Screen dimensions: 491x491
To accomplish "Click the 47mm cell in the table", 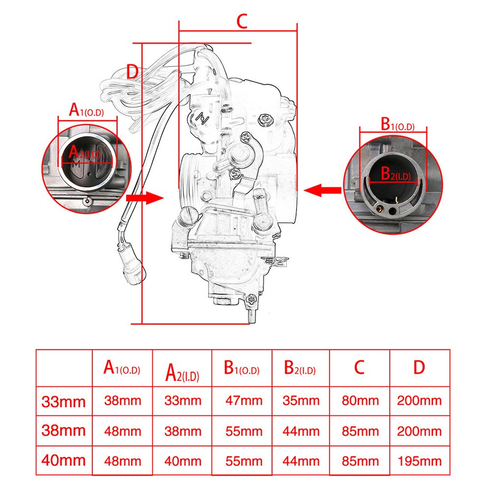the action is pyautogui.click(x=244, y=401).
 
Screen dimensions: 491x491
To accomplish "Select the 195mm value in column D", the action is pyautogui.click(x=420, y=461).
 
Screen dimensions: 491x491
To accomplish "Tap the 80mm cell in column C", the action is pyautogui.click(x=360, y=401).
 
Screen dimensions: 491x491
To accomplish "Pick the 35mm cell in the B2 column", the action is pyautogui.click(x=301, y=401).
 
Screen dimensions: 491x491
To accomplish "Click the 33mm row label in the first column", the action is pyautogui.click(x=63, y=402).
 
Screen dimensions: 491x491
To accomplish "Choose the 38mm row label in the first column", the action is pyautogui.click(x=63, y=431).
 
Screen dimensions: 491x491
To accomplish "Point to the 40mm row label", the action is pyautogui.click(x=63, y=461).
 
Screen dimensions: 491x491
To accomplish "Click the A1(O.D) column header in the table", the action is pyautogui.click(x=122, y=368).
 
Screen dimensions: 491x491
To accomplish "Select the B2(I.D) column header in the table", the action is pyautogui.click(x=300, y=368).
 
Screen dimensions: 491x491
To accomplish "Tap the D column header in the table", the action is pyautogui.click(x=419, y=367).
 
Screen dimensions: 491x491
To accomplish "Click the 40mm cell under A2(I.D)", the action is pyautogui.click(x=183, y=461).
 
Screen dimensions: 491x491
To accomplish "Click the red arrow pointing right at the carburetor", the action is pyautogui.click(x=145, y=197).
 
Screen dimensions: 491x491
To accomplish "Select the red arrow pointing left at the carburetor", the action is pyautogui.click(x=323, y=190).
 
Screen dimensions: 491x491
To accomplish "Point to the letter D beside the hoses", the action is pyautogui.click(x=133, y=72).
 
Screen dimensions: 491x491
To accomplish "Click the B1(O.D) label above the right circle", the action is pyautogui.click(x=397, y=124).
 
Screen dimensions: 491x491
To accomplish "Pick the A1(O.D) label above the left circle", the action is pyautogui.click(x=86, y=110).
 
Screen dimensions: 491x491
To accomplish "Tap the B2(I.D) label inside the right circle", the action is pyautogui.click(x=395, y=174).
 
